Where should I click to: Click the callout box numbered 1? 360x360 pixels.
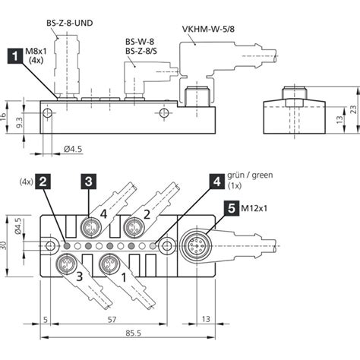pyautogui.click(x=15, y=56)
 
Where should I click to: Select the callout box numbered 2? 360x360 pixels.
pyautogui.click(x=43, y=182)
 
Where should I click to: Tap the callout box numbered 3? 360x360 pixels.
pyautogui.click(x=89, y=182)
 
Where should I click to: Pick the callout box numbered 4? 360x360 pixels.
pyautogui.click(x=217, y=182)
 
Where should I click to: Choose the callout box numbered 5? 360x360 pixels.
pyautogui.click(x=232, y=208)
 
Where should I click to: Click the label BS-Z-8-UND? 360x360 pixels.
pyautogui.click(x=70, y=23)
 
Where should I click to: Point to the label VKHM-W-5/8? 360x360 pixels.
pyautogui.click(x=208, y=29)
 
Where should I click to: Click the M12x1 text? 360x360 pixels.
pyautogui.click(x=254, y=208)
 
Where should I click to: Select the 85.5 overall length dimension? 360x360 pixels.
pyautogui.click(x=134, y=333)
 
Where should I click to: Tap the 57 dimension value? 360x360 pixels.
pyautogui.click(x=112, y=320)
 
